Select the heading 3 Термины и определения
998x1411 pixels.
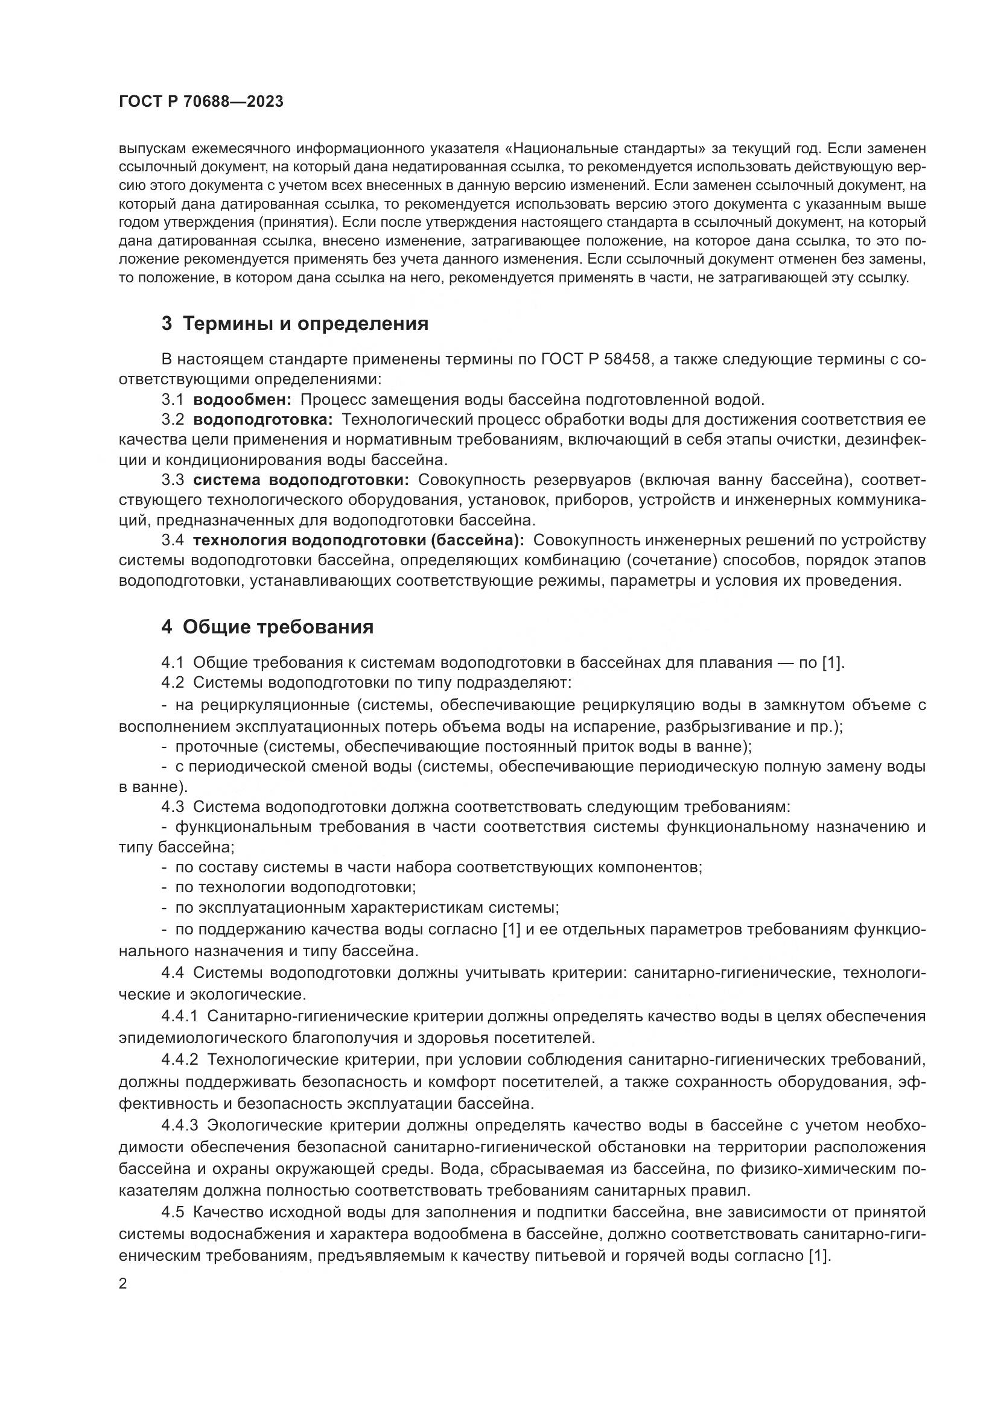pyautogui.click(x=295, y=324)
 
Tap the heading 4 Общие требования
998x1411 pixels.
pyautogui.click(x=267, y=627)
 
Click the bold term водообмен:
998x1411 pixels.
pyautogui.click(x=242, y=399)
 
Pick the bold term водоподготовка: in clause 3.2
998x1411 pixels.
pyautogui.click(x=262, y=420)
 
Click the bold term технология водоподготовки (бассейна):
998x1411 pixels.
pyautogui.click(x=358, y=540)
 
